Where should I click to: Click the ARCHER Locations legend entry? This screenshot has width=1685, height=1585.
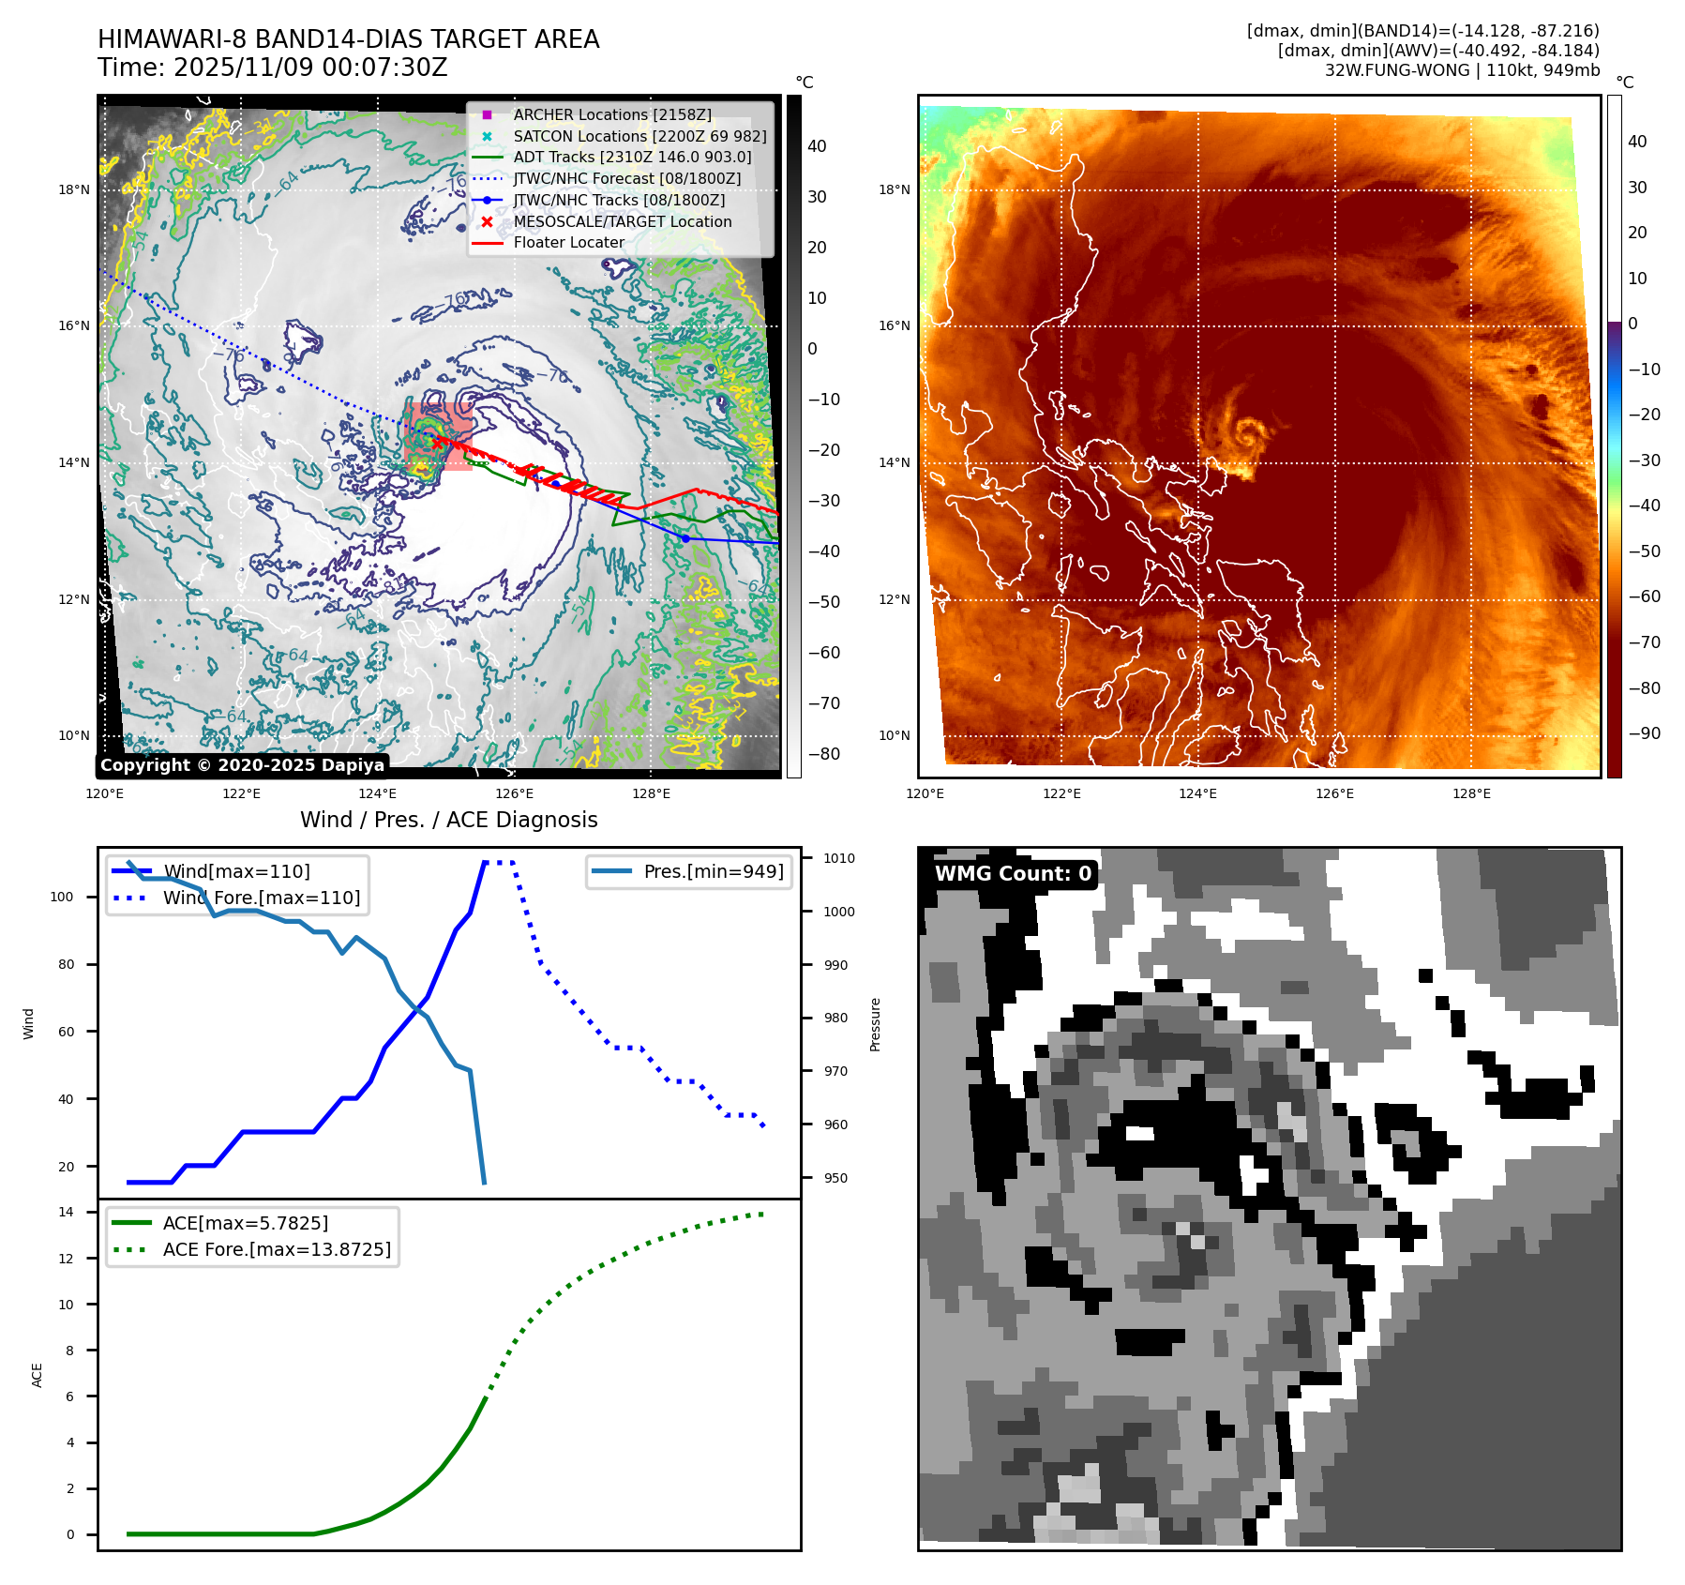(x=611, y=114)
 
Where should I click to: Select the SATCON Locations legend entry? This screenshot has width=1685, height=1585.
(x=639, y=136)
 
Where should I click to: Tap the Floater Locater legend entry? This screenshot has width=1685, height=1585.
(x=568, y=242)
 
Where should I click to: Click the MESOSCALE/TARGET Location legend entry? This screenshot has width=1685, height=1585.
(x=622, y=221)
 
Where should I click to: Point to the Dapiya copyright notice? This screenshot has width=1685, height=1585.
(x=242, y=765)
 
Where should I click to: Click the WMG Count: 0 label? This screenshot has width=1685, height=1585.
(x=1013, y=873)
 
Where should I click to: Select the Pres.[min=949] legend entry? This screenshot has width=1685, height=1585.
(x=713, y=871)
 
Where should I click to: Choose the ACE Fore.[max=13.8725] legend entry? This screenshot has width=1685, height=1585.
(x=277, y=1249)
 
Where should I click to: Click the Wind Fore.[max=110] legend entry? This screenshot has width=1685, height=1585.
(x=261, y=898)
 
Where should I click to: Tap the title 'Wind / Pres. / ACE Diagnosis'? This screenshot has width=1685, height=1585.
(x=448, y=820)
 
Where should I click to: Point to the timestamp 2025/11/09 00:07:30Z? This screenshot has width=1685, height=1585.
(x=310, y=68)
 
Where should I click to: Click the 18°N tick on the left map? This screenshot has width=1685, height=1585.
(x=74, y=189)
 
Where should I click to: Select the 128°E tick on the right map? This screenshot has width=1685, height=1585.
(x=1471, y=793)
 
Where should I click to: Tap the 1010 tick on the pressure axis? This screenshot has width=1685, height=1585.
(x=839, y=858)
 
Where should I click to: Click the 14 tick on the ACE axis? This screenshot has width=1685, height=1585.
(x=67, y=1212)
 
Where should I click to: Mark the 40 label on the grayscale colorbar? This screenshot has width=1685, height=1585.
(x=817, y=145)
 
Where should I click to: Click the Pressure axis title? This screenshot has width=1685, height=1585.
(x=875, y=1024)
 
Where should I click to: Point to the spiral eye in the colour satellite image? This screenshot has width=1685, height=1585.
(x=1249, y=433)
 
